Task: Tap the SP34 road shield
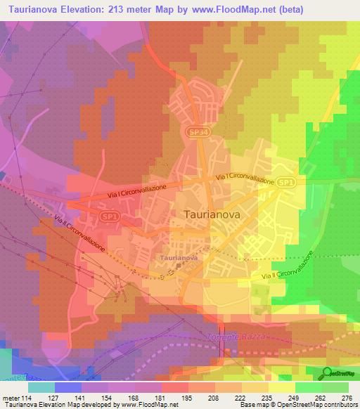tap(196, 131)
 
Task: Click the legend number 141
tap(82, 397)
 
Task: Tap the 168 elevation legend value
tap(135, 397)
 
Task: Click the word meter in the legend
tap(10, 397)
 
